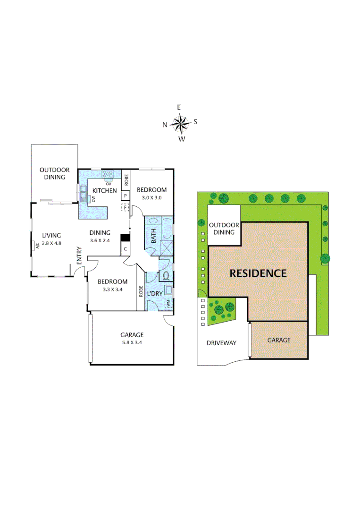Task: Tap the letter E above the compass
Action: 179,108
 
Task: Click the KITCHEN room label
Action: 104,190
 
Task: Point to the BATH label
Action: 153,237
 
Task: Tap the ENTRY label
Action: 79,256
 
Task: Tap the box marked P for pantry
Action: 126,195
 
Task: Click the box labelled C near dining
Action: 126,249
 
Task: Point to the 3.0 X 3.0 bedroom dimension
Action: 149,198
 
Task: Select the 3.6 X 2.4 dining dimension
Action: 100,240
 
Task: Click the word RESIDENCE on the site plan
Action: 258,273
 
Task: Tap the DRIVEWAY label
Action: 221,343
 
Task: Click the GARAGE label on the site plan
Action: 279,340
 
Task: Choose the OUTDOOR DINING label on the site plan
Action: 224,229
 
